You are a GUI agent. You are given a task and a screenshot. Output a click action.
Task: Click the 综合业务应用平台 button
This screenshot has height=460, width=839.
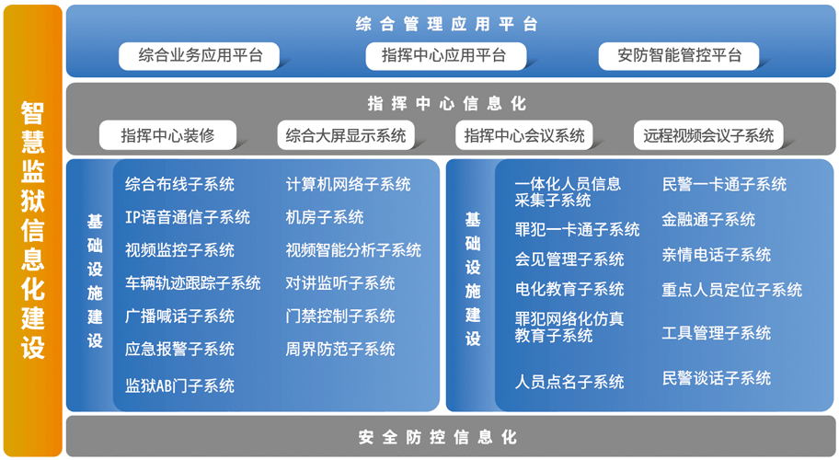[x=199, y=56]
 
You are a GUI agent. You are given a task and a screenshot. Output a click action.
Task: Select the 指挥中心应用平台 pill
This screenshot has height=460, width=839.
[x=445, y=56]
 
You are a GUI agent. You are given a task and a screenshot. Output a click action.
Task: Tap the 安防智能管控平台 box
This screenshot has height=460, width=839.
[x=679, y=56]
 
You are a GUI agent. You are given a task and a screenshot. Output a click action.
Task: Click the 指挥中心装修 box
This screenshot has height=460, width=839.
[x=167, y=135]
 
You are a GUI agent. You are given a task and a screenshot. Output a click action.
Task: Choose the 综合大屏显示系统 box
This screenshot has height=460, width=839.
[x=346, y=135]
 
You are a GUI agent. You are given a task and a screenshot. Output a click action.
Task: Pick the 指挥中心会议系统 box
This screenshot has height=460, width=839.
[x=523, y=135]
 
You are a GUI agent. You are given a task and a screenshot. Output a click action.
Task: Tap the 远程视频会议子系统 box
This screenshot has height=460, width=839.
[x=708, y=135]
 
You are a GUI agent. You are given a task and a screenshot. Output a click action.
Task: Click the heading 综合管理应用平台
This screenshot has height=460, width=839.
[x=446, y=24]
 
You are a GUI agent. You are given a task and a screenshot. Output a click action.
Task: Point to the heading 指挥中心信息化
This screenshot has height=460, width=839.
[x=447, y=103]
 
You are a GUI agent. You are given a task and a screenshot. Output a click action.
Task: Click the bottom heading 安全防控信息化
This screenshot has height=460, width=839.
[x=438, y=437]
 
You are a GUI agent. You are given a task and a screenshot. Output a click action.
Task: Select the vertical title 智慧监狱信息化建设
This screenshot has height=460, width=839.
[x=32, y=230]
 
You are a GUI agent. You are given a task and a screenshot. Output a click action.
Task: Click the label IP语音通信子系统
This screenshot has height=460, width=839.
[x=188, y=217]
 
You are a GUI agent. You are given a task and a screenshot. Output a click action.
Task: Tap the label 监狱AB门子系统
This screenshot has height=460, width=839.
[x=179, y=385]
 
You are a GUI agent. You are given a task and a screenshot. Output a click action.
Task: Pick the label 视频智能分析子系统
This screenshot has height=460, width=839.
[x=353, y=250]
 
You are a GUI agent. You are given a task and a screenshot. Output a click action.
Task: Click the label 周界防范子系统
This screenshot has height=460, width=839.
[x=340, y=350]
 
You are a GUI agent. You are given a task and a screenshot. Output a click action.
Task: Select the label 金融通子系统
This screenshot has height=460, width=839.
[x=708, y=219]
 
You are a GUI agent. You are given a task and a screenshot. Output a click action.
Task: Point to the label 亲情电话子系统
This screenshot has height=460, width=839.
[x=717, y=255]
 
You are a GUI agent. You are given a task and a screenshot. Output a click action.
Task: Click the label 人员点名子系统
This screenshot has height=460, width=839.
[x=569, y=382]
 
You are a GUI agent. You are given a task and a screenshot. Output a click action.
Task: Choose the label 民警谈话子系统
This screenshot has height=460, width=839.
[x=717, y=378]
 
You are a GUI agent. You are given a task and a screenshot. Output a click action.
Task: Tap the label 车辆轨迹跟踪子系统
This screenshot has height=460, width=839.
[x=193, y=283]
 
